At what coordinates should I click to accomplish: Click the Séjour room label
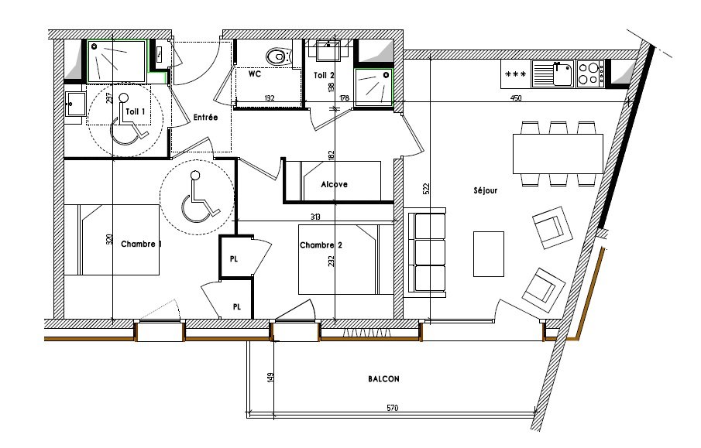485,190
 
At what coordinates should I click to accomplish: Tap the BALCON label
383,379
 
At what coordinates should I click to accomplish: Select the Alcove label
334,184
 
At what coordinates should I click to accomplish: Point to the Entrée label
205,117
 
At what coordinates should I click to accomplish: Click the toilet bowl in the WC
278,56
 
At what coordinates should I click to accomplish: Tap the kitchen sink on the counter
553,74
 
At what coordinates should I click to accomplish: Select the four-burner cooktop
590,74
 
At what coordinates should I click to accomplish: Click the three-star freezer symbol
515,74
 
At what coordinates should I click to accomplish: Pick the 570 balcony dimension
392,407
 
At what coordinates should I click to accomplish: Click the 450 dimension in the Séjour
515,97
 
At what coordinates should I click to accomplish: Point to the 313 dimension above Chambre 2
315,217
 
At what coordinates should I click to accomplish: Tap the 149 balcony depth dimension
270,378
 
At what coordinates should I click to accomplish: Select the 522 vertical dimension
426,189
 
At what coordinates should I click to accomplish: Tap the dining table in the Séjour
558,153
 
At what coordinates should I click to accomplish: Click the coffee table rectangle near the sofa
489,254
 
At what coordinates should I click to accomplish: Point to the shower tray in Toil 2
374,87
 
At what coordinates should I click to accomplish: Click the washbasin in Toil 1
74,104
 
